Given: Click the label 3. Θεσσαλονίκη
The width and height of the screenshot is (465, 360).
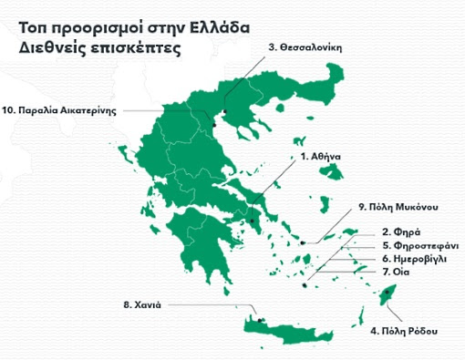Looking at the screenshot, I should (x=305, y=47).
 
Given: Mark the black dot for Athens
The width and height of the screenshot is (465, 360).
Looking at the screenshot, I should (x=253, y=220).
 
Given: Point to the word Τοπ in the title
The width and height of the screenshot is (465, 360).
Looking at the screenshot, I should (x=32, y=27).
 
